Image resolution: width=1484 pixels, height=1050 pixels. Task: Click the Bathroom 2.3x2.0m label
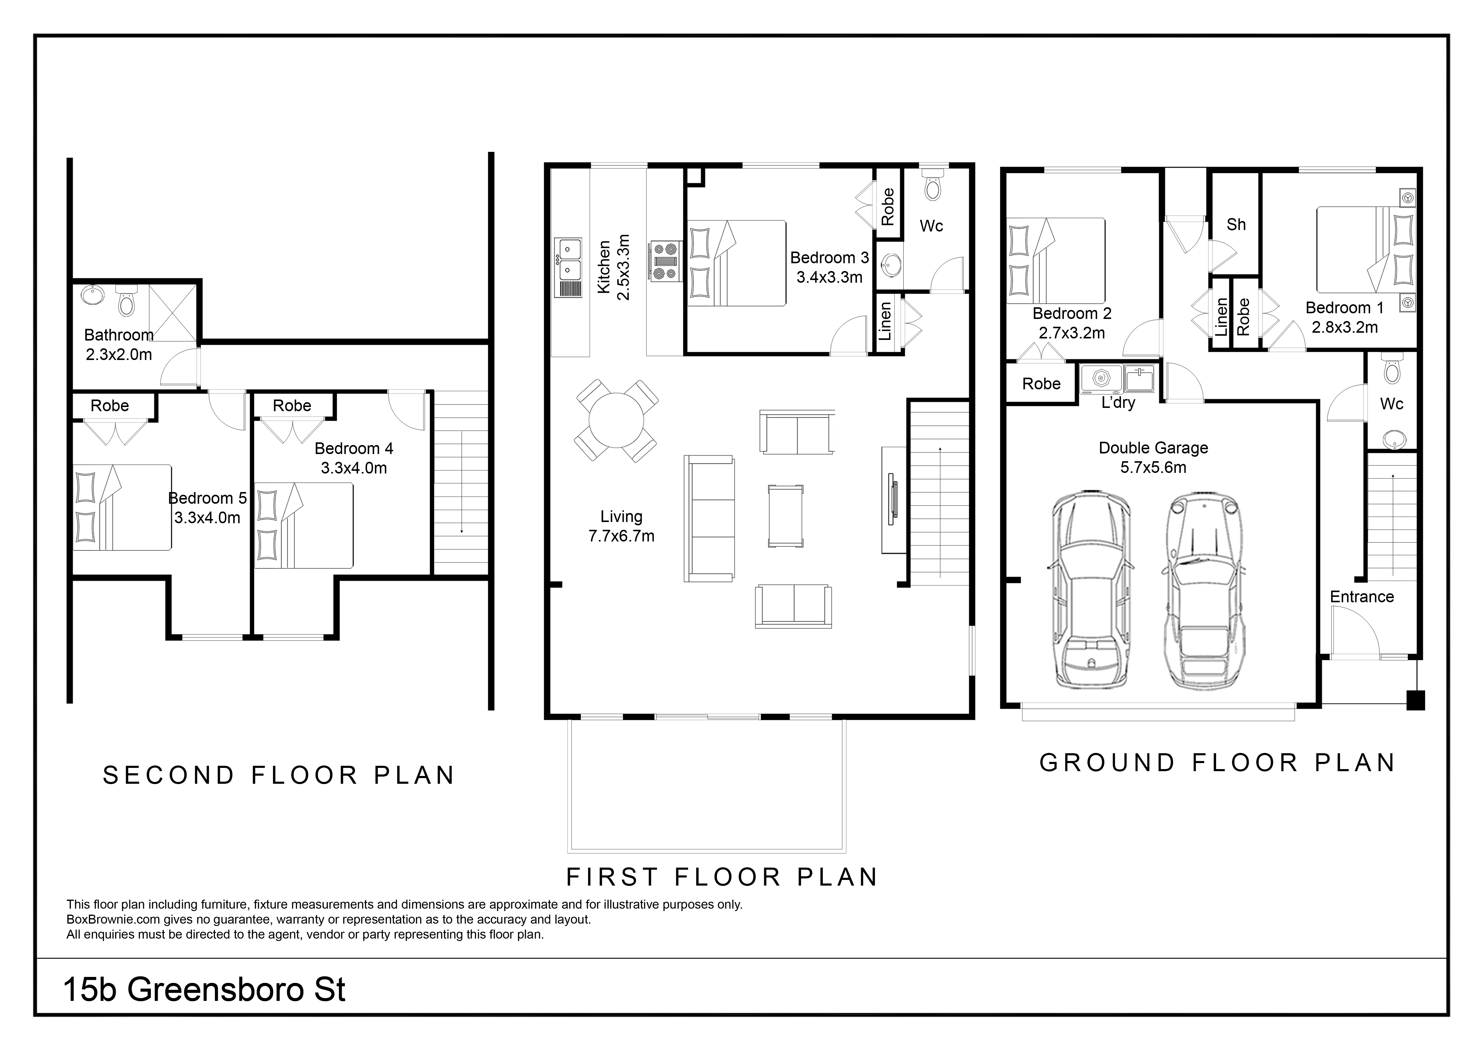(119, 345)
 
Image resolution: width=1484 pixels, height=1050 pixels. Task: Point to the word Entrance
(1362, 597)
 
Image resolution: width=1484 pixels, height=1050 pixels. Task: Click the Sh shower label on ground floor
(1236, 224)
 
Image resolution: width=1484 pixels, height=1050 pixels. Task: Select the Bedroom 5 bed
(122, 508)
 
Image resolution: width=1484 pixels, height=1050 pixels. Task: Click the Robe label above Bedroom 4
(292, 406)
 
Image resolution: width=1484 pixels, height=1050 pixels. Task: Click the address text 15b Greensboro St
(204, 990)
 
